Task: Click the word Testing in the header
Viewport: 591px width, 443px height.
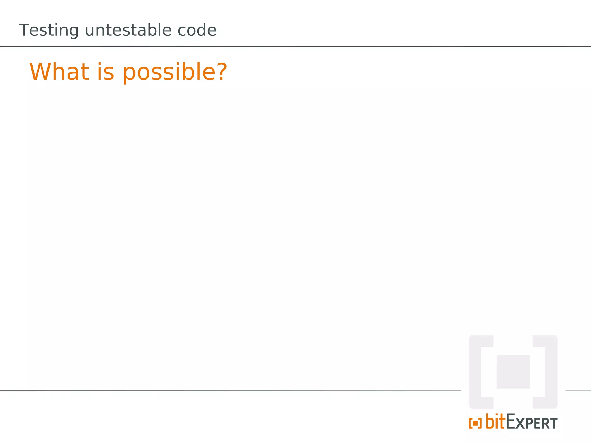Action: point(48,30)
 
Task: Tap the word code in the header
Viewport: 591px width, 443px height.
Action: point(197,30)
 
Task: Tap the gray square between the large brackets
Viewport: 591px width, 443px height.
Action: point(513,372)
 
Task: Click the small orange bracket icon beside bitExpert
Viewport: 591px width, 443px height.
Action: point(475,423)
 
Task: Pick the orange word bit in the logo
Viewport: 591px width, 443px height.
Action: point(495,421)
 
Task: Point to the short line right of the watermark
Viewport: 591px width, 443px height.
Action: point(578,391)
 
